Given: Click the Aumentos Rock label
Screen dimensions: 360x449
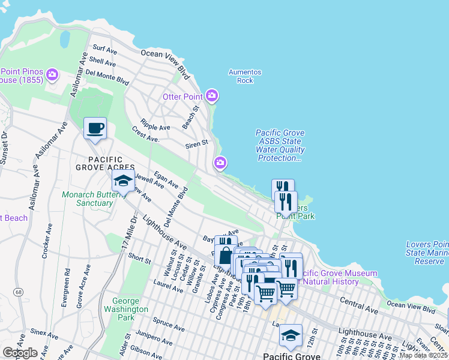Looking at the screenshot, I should tap(245, 76).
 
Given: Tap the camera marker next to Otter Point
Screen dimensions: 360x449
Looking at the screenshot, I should tap(211, 96).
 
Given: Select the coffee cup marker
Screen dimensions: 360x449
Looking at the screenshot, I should tap(95, 128).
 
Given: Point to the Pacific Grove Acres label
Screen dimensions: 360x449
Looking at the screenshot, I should tap(110, 163).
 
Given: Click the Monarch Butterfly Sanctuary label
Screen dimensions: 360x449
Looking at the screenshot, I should tap(88, 199).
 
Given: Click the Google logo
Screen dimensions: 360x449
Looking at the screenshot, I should tap(20, 353).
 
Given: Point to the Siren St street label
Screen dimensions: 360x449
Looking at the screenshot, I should tap(196, 143).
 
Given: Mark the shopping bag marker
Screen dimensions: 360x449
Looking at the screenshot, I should tap(224, 255).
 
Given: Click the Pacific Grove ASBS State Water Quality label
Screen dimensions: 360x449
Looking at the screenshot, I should tap(280, 146).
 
